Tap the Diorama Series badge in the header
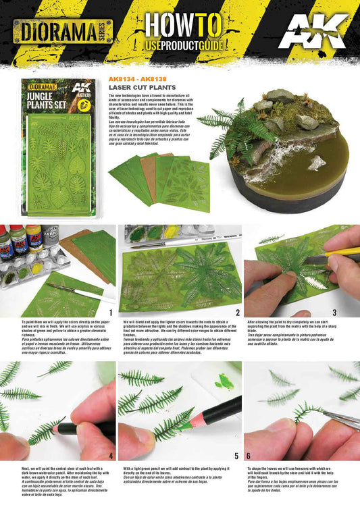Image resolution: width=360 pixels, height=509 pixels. click(63, 31)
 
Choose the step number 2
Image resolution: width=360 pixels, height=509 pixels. click(238, 313)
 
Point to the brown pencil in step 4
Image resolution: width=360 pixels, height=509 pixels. click(78, 427)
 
